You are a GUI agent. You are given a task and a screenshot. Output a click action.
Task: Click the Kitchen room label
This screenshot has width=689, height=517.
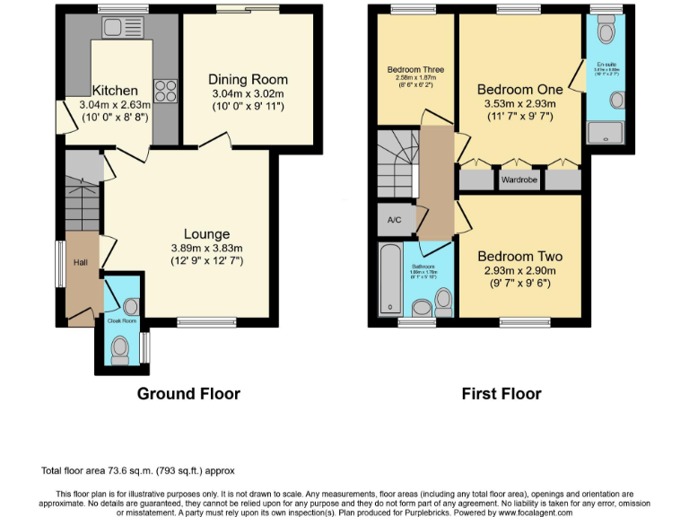click(115, 91)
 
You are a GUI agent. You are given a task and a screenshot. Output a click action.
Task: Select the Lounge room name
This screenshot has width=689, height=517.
click(206, 234)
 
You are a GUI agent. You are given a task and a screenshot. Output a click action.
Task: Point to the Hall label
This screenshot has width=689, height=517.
click(81, 263)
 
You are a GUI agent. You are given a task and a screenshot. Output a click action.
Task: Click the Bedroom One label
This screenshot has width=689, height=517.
click(519, 89)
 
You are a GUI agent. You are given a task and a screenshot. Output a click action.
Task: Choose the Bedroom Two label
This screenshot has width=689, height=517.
click(519, 254)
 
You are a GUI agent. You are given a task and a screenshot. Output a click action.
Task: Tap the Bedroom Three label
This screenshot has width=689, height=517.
click(415, 69)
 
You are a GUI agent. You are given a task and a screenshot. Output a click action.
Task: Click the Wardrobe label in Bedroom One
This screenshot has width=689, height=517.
click(519, 180)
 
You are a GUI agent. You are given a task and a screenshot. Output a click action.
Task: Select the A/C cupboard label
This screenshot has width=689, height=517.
click(394, 220)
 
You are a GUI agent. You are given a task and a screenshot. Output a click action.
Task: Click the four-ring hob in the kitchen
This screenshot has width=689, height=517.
click(166, 90)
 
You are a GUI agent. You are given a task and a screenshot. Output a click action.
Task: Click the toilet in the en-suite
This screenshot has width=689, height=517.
click(606, 32)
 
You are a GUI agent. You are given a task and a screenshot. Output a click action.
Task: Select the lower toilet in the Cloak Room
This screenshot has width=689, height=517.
click(120, 346)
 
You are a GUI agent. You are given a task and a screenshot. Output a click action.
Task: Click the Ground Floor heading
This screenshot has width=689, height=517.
click(188, 393)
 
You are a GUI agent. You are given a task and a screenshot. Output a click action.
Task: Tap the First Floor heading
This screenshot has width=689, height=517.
click(501, 393)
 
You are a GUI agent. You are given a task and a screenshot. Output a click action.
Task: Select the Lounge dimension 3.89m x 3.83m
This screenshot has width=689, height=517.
click(207, 249)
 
